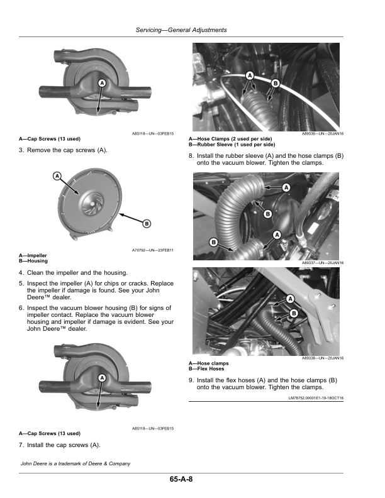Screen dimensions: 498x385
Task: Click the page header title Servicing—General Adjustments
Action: click(x=181, y=30)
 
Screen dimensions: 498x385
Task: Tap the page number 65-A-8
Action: click(x=181, y=480)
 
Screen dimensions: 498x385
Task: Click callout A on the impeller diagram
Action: click(x=57, y=177)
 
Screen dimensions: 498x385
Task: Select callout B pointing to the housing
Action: click(x=147, y=223)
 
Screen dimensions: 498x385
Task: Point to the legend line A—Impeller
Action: click(x=33, y=255)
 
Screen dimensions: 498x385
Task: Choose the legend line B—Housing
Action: click(x=33, y=260)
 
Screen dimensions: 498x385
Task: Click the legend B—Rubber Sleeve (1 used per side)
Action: click(x=232, y=144)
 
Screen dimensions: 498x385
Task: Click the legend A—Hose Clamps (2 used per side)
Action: click(x=230, y=139)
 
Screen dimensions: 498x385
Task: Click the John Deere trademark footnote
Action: click(x=75, y=463)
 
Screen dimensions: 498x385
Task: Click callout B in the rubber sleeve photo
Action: click(x=276, y=83)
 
